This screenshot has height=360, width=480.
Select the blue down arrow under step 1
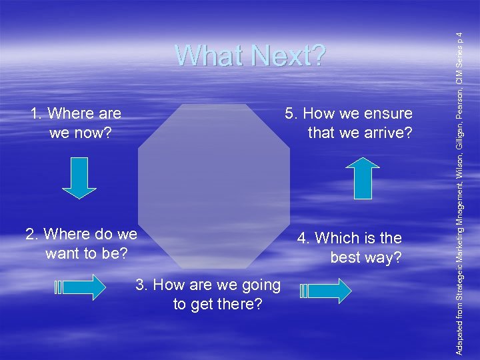(x=83, y=177)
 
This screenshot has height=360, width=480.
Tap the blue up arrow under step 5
(x=366, y=178)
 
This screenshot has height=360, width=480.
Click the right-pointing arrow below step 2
(x=79, y=287)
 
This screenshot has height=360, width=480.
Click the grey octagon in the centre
(x=213, y=180)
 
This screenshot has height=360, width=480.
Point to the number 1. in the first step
(x=37, y=114)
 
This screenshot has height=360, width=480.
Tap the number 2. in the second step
(x=32, y=234)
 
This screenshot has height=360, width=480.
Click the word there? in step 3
(x=239, y=305)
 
